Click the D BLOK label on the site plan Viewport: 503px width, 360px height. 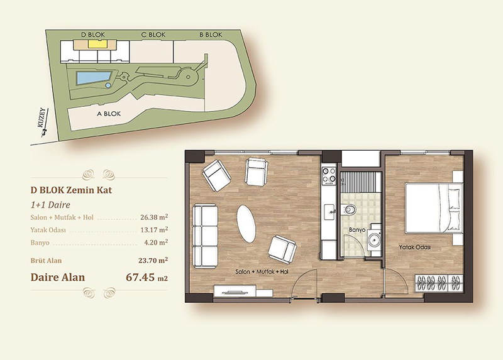click(93, 35)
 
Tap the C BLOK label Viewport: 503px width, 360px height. click(153, 35)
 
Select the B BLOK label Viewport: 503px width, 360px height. click(211, 35)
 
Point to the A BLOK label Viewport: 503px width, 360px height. click(109, 114)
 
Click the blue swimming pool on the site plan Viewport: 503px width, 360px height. click(92, 78)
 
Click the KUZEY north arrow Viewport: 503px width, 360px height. click(44, 123)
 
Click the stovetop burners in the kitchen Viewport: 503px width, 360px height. click(329, 177)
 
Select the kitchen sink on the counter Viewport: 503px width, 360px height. click(329, 212)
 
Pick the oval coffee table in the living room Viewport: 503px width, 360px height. click(246, 224)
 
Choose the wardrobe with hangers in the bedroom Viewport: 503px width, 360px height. click(439, 283)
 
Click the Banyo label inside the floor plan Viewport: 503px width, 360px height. click(357, 230)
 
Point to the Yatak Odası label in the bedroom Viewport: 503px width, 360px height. click(415, 247)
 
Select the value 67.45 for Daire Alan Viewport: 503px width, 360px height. click(140, 277)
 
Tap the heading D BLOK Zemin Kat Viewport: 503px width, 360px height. click(71, 190)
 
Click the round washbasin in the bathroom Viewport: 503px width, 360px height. click(374, 239)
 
